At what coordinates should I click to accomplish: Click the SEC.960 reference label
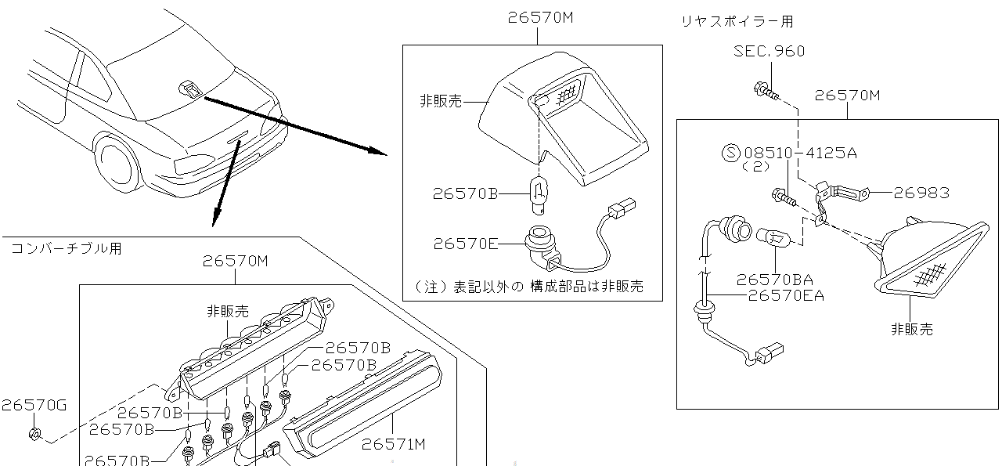pyautogui.click(x=769, y=52)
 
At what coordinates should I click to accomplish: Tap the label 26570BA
pyautogui.click(x=774, y=280)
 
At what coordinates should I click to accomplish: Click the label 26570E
pyautogui.click(x=465, y=244)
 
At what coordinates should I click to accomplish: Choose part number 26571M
pyautogui.click(x=393, y=445)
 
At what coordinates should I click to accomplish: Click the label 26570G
pyautogui.click(x=34, y=405)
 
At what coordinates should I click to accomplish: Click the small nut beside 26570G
pyautogui.click(x=34, y=434)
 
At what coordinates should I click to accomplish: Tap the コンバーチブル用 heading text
pyautogui.click(x=66, y=249)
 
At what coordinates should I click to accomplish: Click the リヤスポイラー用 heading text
pyautogui.click(x=737, y=22)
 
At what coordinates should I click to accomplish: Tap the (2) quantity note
pyautogui.click(x=734, y=167)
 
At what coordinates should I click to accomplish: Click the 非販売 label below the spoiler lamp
pyautogui.click(x=911, y=329)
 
